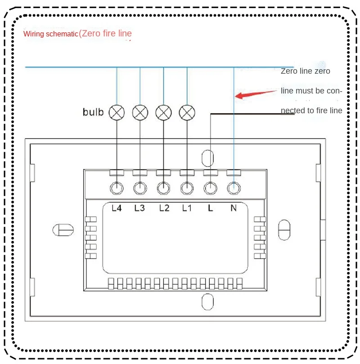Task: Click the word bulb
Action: (93, 112)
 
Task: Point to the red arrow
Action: (256, 93)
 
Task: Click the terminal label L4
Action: (117, 208)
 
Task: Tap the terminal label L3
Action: (139, 208)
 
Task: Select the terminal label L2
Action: (164, 208)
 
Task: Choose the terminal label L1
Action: (187, 208)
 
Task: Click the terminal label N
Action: (234, 208)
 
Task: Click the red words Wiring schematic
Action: (51, 34)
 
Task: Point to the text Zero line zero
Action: (306, 71)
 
